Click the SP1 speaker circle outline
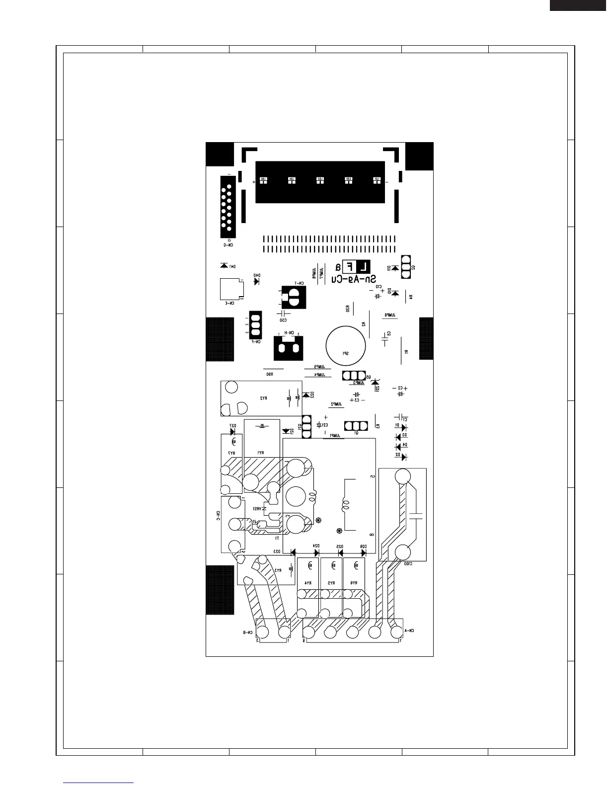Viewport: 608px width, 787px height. tap(347, 344)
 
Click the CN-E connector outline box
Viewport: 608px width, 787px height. tap(230, 289)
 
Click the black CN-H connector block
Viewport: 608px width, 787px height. tap(288, 348)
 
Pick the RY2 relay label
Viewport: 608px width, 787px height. tap(263, 398)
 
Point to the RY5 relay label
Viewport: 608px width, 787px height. tap(332, 583)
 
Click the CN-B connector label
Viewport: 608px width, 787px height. tap(248, 633)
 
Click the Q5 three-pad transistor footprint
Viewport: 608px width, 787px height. tap(354, 376)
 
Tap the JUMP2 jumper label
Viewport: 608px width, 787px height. tap(337, 404)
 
